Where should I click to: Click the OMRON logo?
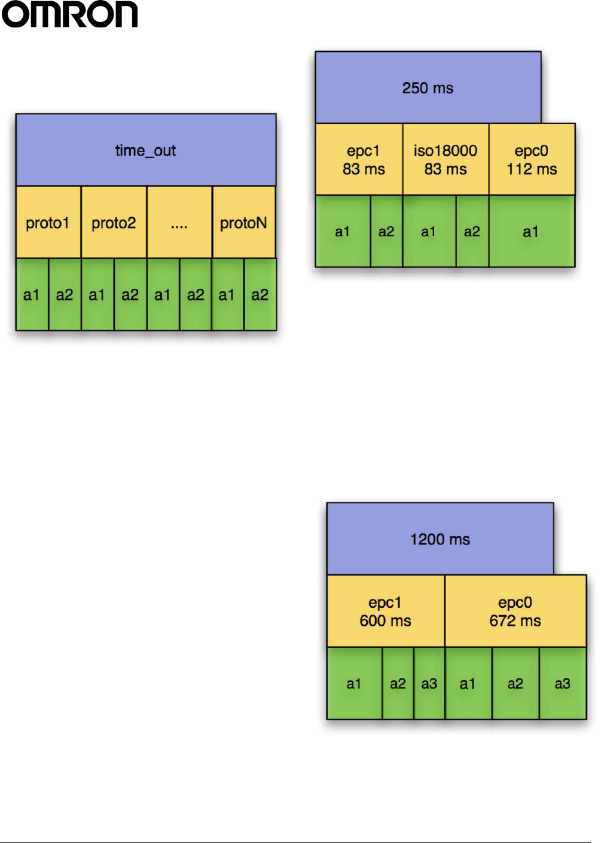70,14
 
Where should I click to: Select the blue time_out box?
146,150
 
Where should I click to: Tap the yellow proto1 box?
48,223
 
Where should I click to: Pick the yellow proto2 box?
114,223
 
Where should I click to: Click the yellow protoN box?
243,223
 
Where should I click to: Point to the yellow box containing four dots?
179,223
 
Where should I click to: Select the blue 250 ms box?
428,88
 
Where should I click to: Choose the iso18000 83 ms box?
446,160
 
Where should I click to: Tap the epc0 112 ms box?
532,160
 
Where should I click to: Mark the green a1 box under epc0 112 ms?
532,232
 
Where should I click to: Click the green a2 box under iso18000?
472,232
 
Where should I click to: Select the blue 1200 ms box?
440,539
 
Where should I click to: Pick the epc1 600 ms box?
386,611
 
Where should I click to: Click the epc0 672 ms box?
515,611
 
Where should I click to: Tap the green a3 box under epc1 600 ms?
429,683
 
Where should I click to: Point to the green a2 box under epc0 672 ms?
515,683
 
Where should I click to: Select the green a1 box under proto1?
32,294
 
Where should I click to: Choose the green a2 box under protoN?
260,294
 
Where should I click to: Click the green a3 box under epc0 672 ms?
563,683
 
